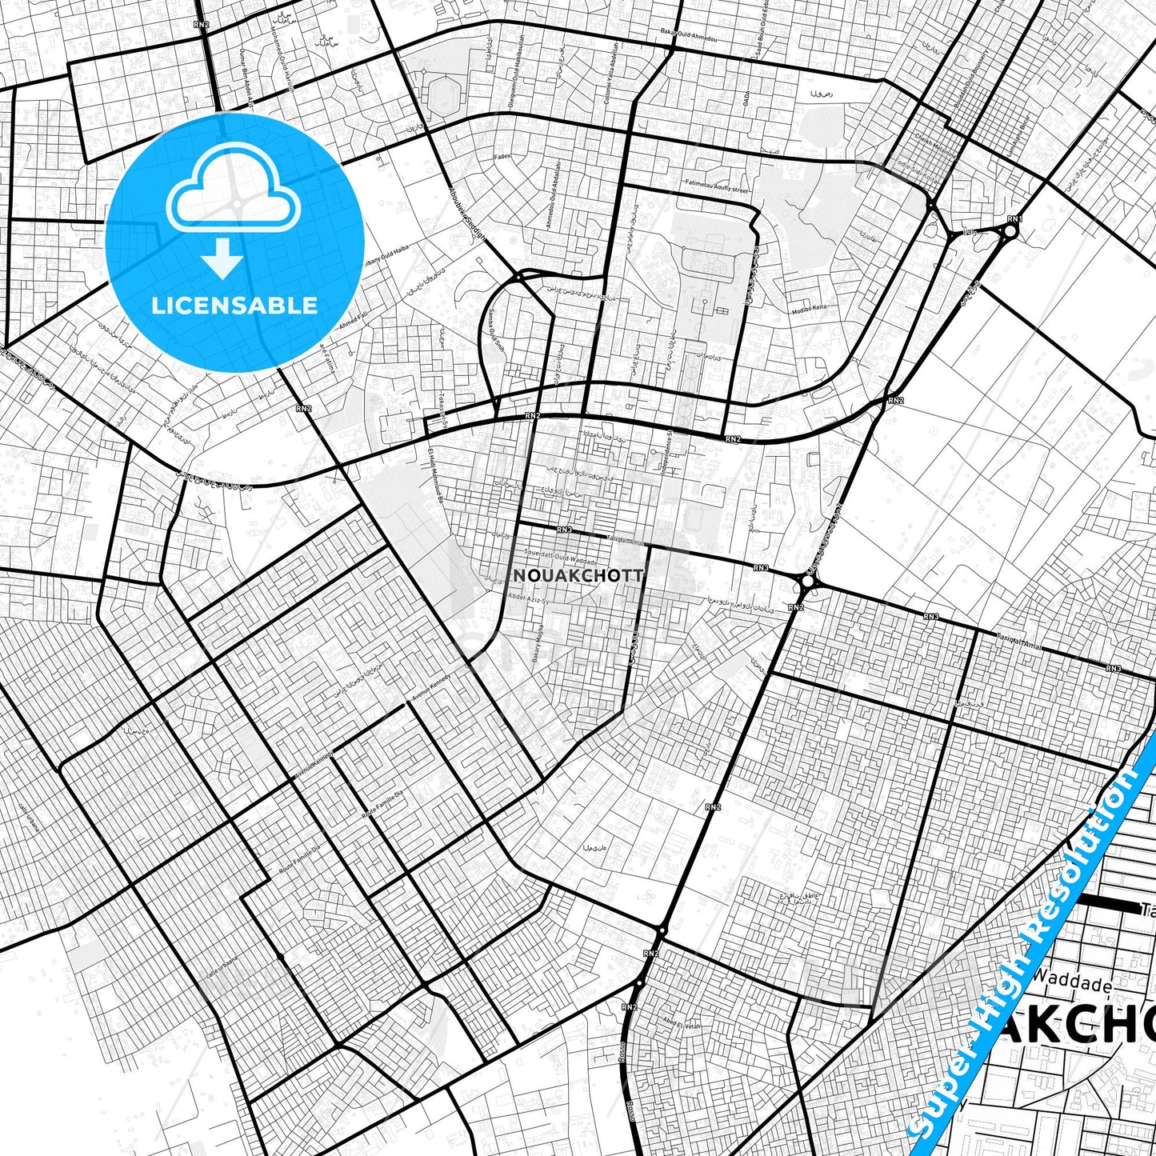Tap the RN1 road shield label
pyautogui.click(x=1014, y=218)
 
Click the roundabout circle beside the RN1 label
pyautogui.click(x=1010, y=232)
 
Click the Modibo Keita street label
pyautogui.click(x=809, y=309)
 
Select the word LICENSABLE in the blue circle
pyautogui.click(x=234, y=305)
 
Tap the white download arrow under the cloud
pyautogui.click(x=222, y=259)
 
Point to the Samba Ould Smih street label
pyautogui.click(x=497, y=330)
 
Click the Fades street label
pyautogui.click(x=502, y=157)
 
